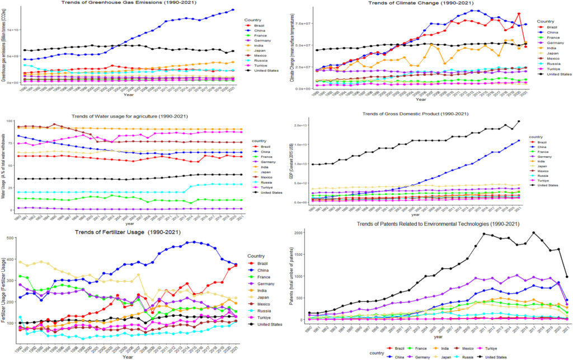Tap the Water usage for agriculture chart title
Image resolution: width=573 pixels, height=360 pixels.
[143, 116]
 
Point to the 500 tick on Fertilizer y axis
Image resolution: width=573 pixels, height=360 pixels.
[11, 238]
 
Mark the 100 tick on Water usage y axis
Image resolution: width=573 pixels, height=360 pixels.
[11, 120]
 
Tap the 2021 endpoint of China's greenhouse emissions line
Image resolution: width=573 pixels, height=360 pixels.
[233, 10]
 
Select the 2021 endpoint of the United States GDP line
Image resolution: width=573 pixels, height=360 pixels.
[518, 121]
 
